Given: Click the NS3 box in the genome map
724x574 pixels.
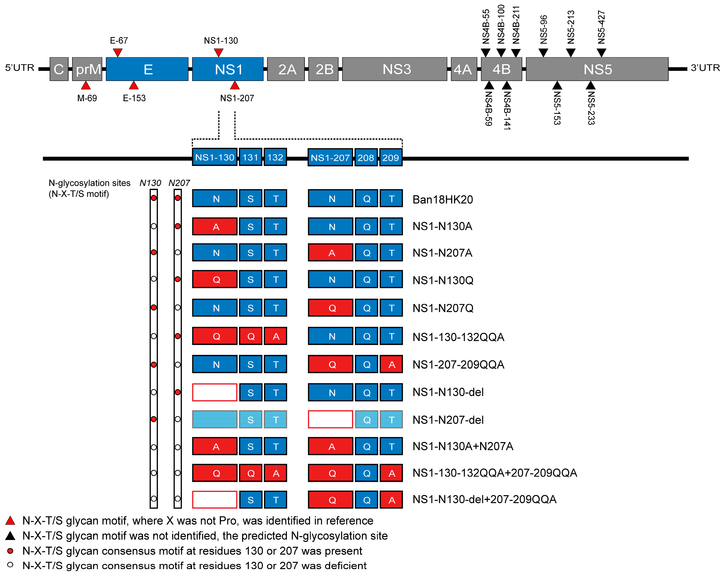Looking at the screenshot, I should [x=394, y=69].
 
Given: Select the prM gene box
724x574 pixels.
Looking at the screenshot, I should [x=87, y=69].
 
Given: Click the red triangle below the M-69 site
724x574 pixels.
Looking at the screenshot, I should [x=86, y=86].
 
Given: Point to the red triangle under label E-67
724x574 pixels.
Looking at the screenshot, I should [x=118, y=52].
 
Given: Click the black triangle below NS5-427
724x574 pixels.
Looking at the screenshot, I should [x=601, y=52].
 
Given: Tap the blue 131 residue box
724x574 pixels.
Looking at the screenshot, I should [x=250, y=157].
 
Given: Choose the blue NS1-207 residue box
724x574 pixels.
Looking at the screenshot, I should [x=330, y=157].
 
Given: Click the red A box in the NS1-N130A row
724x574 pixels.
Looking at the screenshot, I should [x=215, y=227].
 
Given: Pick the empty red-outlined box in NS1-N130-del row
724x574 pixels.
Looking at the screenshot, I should [x=215, y=392].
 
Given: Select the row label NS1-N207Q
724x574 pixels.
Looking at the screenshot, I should [x=443, y=308].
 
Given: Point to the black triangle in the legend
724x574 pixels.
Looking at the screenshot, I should [x=10, y=536].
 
